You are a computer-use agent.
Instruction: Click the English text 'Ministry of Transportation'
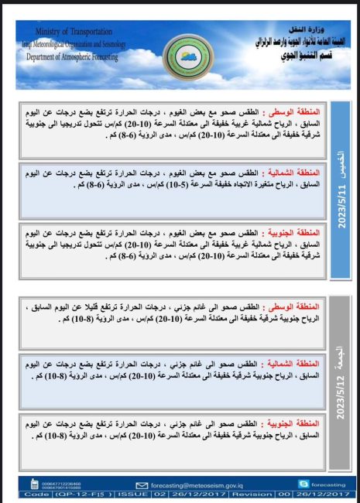[69, 30]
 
